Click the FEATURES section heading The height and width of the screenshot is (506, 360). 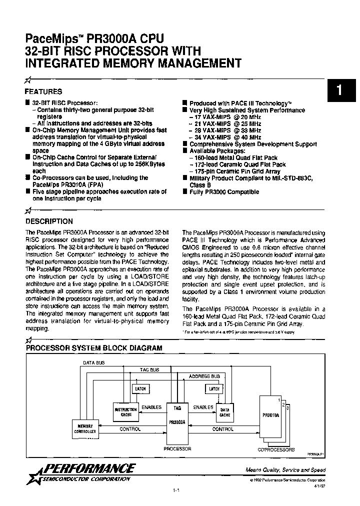(43, 92)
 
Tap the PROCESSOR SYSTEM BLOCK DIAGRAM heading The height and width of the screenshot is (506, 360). (94, 347)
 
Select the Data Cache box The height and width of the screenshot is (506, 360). (225, 412)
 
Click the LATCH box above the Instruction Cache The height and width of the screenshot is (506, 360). (140, 388)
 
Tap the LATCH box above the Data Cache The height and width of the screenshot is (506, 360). (214, 388)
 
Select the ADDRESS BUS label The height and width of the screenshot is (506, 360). (204, 376)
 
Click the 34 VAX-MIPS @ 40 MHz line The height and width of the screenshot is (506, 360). (225, 137)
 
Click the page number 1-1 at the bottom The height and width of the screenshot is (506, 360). (176, 491)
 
